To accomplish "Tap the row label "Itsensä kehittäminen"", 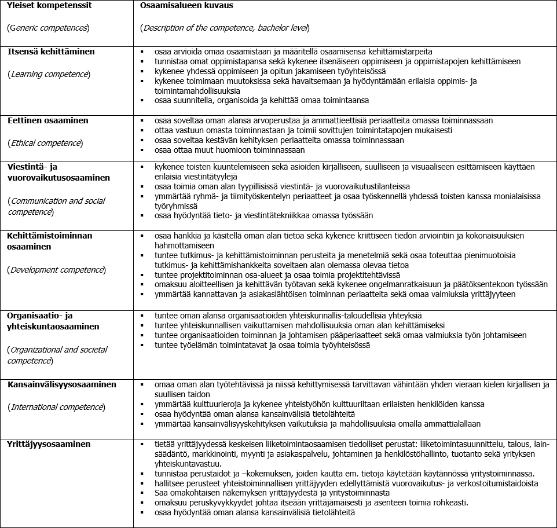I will pyautogui.click(x=51, y=52).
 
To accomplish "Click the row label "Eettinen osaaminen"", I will pyautogui.click(x=47, y=120).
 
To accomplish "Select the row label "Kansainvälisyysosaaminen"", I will pyautogui.click(x=61, y=384).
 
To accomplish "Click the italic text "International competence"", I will pyautogui.click(x=56, y=407).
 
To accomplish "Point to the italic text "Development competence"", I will pyautogui.click(x=56, y=270).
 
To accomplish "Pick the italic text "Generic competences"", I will pyautogui.click(x=47, y=28).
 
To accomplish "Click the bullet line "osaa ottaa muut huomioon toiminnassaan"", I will pyautogui.click(x=230, y=150).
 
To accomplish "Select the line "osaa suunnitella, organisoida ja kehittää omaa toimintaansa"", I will pyautogui.click(x=262, y=100).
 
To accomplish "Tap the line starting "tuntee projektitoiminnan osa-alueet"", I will pyautogui.click(x=277, y=275).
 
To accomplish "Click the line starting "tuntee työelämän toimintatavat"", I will pyautogui.click(x=262, y=345).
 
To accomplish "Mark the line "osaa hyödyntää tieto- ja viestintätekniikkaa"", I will pyautogui.click(x=264, y=216).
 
